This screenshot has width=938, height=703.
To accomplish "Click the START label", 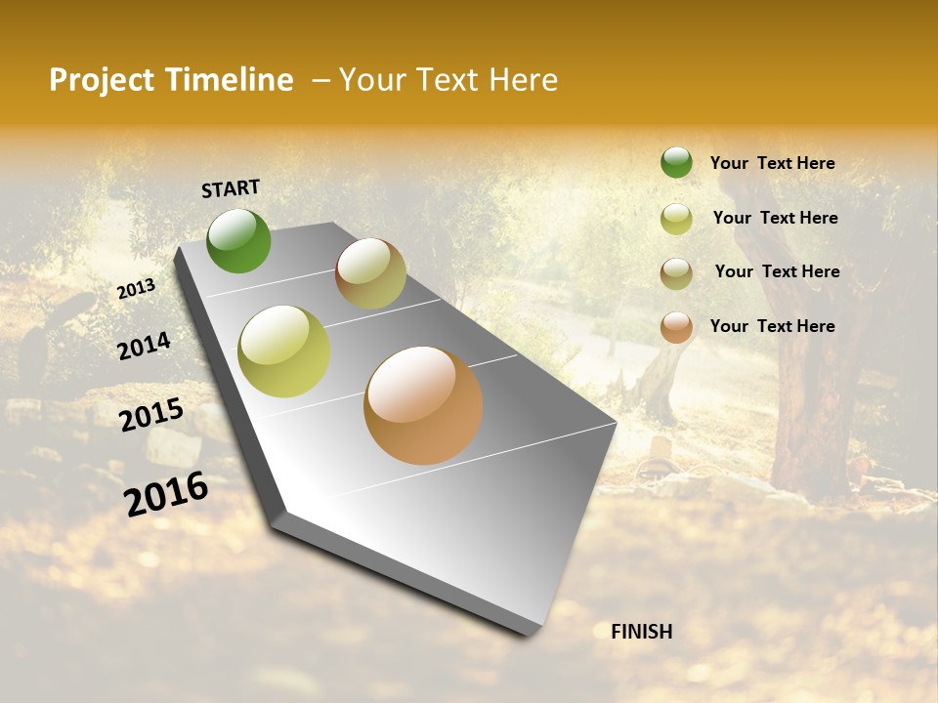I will [231, 188].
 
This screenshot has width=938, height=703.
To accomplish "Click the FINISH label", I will [641, 632].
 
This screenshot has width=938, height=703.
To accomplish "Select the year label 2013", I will [136, 289].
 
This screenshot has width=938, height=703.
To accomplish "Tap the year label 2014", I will [144, 346].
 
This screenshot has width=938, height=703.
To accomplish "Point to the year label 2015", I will [151, 415].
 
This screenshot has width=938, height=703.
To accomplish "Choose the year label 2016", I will [166, 493].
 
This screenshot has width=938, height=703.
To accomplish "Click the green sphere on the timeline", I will [238, 240].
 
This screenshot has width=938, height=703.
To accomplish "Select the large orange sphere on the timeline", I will [423, 405].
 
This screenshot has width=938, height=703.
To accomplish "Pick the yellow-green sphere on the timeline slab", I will [284, 351].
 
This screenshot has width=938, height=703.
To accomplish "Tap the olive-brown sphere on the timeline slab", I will [370, 273].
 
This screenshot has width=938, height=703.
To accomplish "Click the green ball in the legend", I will [676, 163].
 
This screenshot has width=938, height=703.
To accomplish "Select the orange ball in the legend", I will [676, 327].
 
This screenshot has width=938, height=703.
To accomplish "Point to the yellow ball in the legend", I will [676, 218].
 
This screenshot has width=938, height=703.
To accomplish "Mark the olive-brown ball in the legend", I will [676, 272].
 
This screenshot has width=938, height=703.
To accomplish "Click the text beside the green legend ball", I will [772, 163].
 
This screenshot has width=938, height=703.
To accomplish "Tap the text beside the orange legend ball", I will [772, 326].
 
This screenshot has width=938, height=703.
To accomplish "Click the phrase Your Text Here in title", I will [448, 80].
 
